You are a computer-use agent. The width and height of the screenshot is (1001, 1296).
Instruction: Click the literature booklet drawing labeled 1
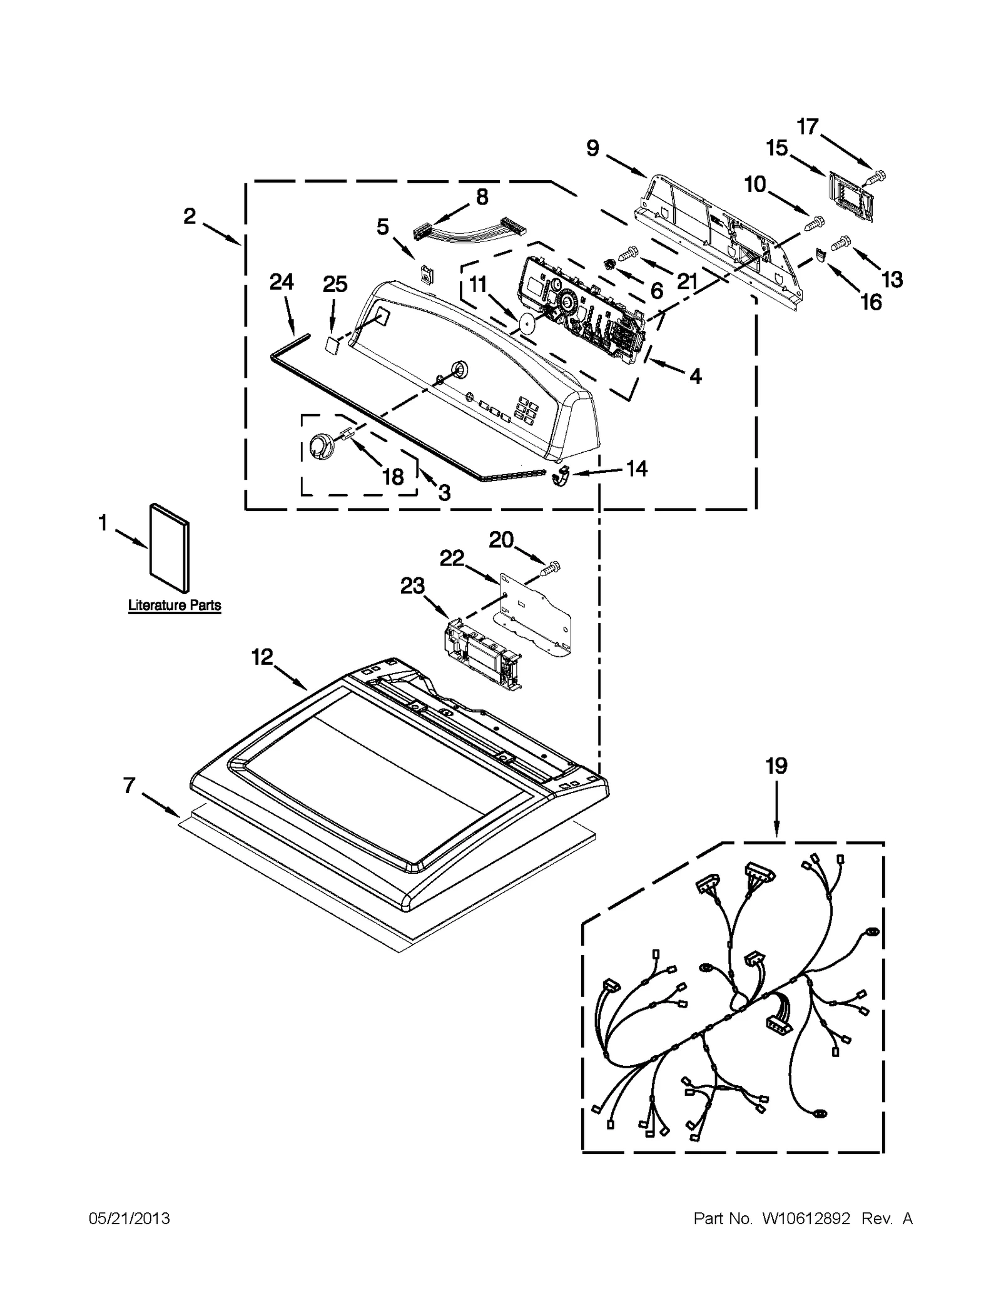pos(169,548)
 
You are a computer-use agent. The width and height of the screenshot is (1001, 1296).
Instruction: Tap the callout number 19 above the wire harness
pos(776,766)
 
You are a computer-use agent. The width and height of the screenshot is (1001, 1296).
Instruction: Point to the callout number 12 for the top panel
pos(262,657)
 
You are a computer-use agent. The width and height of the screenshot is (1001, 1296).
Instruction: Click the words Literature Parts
pos(175,605)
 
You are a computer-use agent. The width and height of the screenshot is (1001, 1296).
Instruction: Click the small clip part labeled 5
pos(427,274)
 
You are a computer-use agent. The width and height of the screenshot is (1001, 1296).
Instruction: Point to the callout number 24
pos(282,283)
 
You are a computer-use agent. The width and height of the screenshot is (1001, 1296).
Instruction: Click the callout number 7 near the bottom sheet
pos(129,786)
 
